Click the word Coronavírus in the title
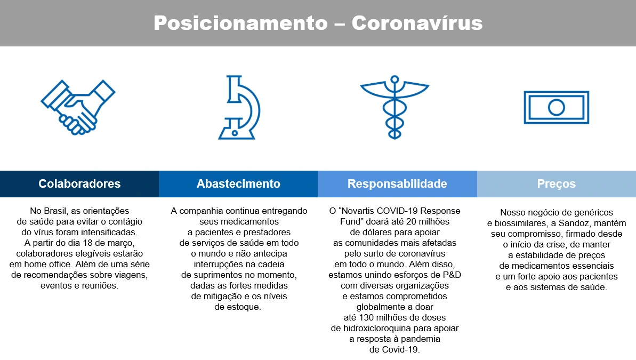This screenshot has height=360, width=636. (417, 23)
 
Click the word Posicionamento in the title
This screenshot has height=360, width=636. (240, 23)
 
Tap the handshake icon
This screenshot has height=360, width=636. (78, 107)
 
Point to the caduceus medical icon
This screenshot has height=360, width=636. (395, 107)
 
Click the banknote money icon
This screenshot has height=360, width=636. (556, 107)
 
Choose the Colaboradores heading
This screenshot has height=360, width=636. (79, 184)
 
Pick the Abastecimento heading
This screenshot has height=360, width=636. (238, 184)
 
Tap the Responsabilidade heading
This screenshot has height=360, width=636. (397, 184)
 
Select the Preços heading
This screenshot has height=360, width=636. (556, 184)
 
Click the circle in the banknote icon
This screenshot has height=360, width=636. (556, 107)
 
